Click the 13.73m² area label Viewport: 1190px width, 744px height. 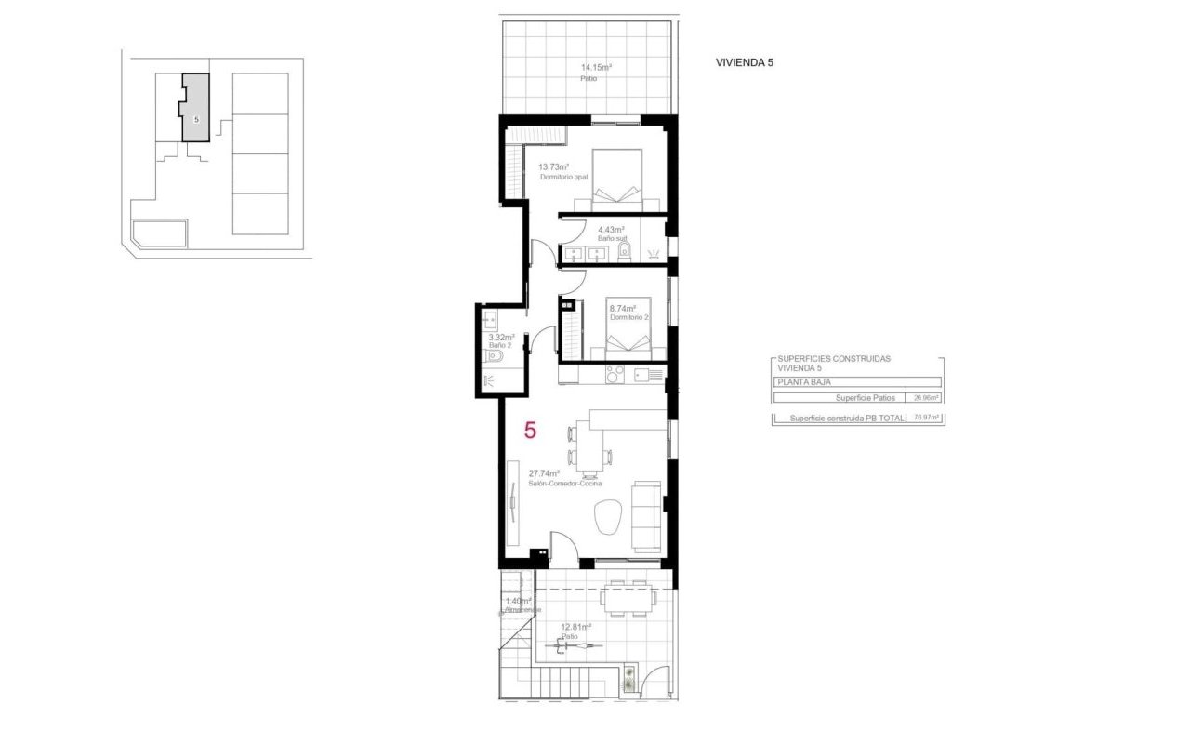(553, 167)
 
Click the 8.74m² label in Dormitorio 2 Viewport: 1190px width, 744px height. (622, 309)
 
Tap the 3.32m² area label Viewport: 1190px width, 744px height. (501, 338)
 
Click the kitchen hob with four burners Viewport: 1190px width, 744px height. (615, 374)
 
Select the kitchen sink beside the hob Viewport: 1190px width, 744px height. (642, 374)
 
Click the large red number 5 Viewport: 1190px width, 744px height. (530, 430)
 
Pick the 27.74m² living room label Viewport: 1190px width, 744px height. (544, 473)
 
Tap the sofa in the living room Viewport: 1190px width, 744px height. (646, 515)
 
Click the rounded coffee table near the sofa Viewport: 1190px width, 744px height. (607, 516)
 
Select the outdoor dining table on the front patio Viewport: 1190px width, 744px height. (625, 598)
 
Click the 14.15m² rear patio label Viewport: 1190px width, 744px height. (596, 67)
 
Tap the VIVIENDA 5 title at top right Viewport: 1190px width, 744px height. (744, 62)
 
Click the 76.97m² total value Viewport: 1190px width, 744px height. (926, 418)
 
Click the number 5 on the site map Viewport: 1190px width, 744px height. (196, 120)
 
